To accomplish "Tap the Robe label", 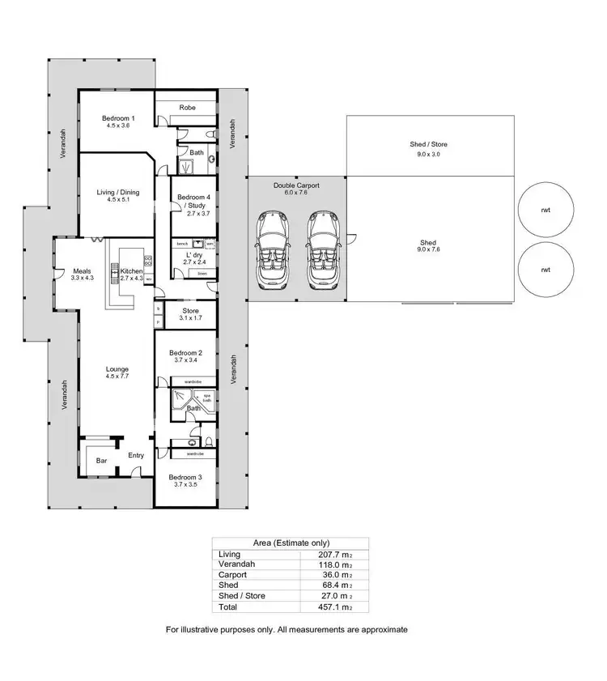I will (187, 107).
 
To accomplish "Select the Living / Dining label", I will (118, 195).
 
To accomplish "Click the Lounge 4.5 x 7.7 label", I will (117, 372).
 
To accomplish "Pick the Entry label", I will (135, 455).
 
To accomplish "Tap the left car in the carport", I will (270, 249).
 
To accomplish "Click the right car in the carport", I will (322, 249).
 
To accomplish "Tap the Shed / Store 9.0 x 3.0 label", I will (428, 148).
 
